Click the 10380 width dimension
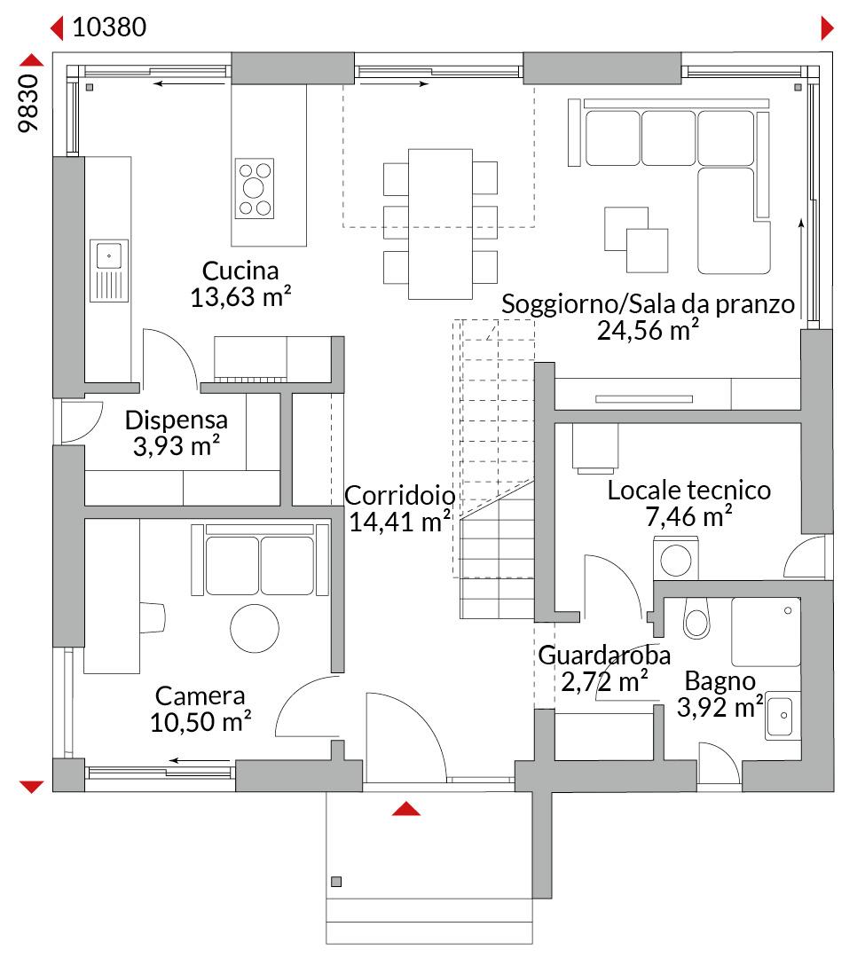click(109, 27)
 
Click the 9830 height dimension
click(28, 103)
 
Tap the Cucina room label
click(240, 271)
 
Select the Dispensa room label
click(176, 420)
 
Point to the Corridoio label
click(399, 496)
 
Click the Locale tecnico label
click(689, 490)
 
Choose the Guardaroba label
click(604, 655)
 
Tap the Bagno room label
click(720, 680)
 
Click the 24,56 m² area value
click(648, 330)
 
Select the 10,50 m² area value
click(201, 721)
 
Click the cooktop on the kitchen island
click(255, 188)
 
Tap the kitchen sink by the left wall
click(109, 271)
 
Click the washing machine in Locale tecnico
click(676, 558)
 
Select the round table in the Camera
click(255, 628)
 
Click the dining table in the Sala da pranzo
click(440, 224)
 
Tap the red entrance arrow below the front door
click(406, 809)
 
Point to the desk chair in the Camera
click(153, 617)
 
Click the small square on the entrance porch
click(336, 882)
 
